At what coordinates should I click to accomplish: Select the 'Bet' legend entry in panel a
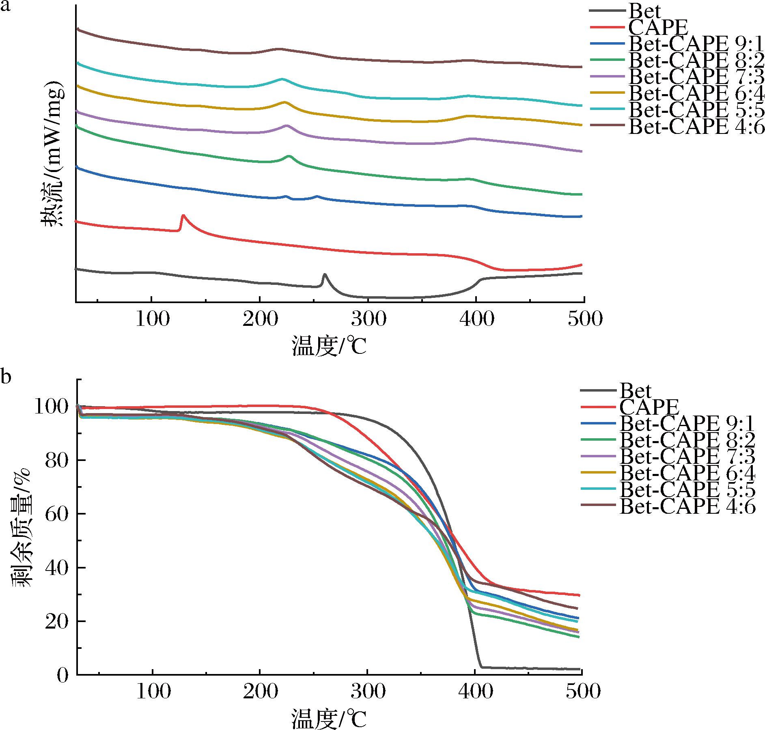point(644,11)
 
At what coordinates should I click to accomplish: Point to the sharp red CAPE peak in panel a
point(183,215)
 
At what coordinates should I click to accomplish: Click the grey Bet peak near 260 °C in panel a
point(324,275)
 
